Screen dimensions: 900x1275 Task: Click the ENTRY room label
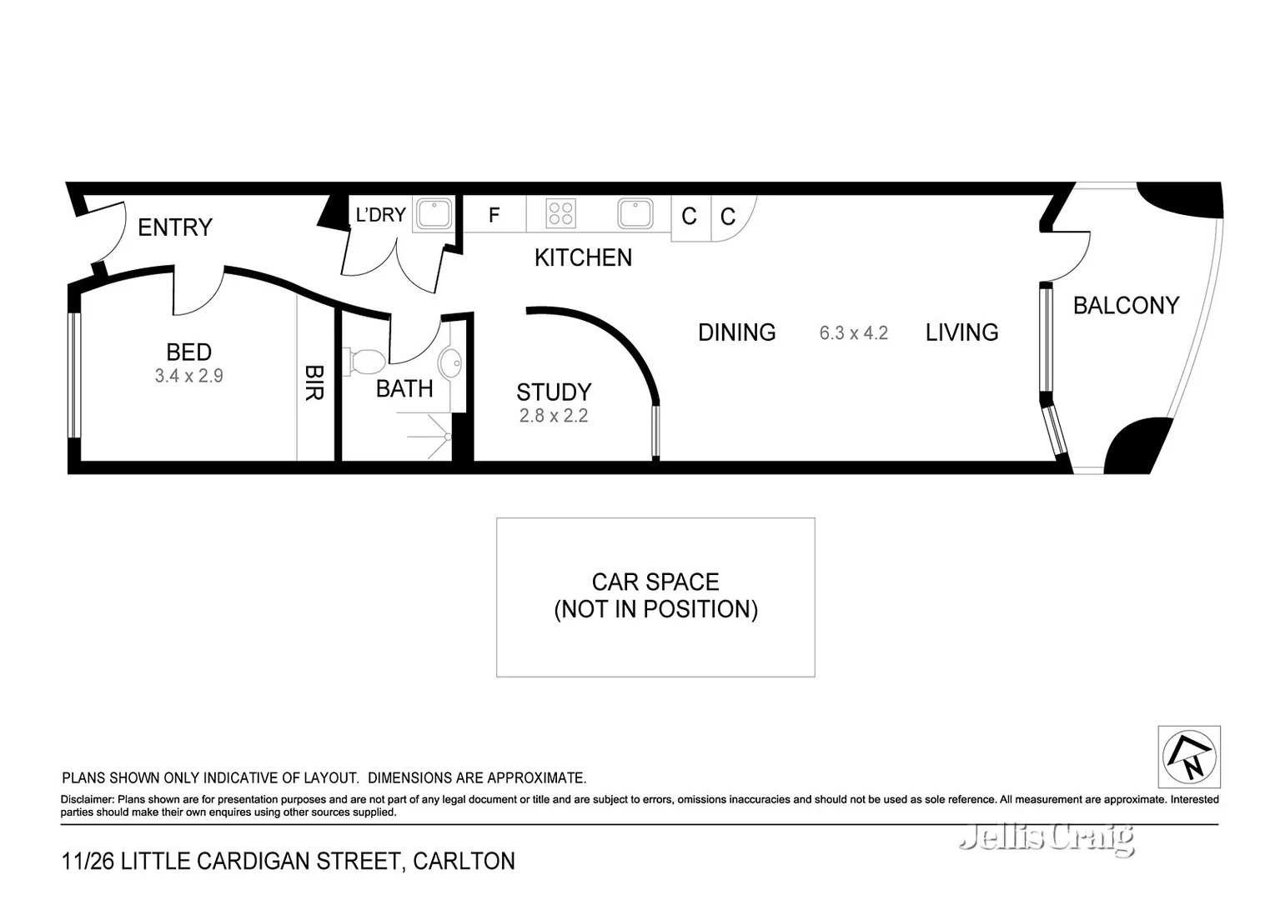click(x=174, y=227)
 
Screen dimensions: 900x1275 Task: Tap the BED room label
click(x=188, y=352)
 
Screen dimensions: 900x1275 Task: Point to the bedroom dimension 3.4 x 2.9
click(x=188, y=376)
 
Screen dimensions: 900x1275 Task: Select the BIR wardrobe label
click(x=314, y=382)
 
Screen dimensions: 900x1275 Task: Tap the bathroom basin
click(x=450, y=363)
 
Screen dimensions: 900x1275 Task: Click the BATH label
click(x=404, y=388)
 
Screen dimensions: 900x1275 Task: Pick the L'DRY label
click(x=380, y=215)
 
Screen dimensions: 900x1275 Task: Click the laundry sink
click(x=434, y=213)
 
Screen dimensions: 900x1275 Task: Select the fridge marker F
click(x=494, y=215)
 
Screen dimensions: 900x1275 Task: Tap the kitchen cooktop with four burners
click(x=560, y=213)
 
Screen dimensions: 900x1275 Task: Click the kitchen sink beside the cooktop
click(x=635, y=213)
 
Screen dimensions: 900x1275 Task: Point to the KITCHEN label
click(x=583, y=257)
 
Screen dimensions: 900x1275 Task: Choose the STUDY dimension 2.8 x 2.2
click(x=554, y=416)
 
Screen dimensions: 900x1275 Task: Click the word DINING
click(x=736, y=332)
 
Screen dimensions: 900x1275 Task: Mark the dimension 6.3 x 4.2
click(x=853, y=333)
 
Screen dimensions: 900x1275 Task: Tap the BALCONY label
click(x=1126, y=306)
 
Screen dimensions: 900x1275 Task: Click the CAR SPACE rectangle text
click(x=655, y=595)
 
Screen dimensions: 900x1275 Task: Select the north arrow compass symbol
click(x=1189, y=757)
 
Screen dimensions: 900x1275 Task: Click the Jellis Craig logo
click(x=1047, y=837)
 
